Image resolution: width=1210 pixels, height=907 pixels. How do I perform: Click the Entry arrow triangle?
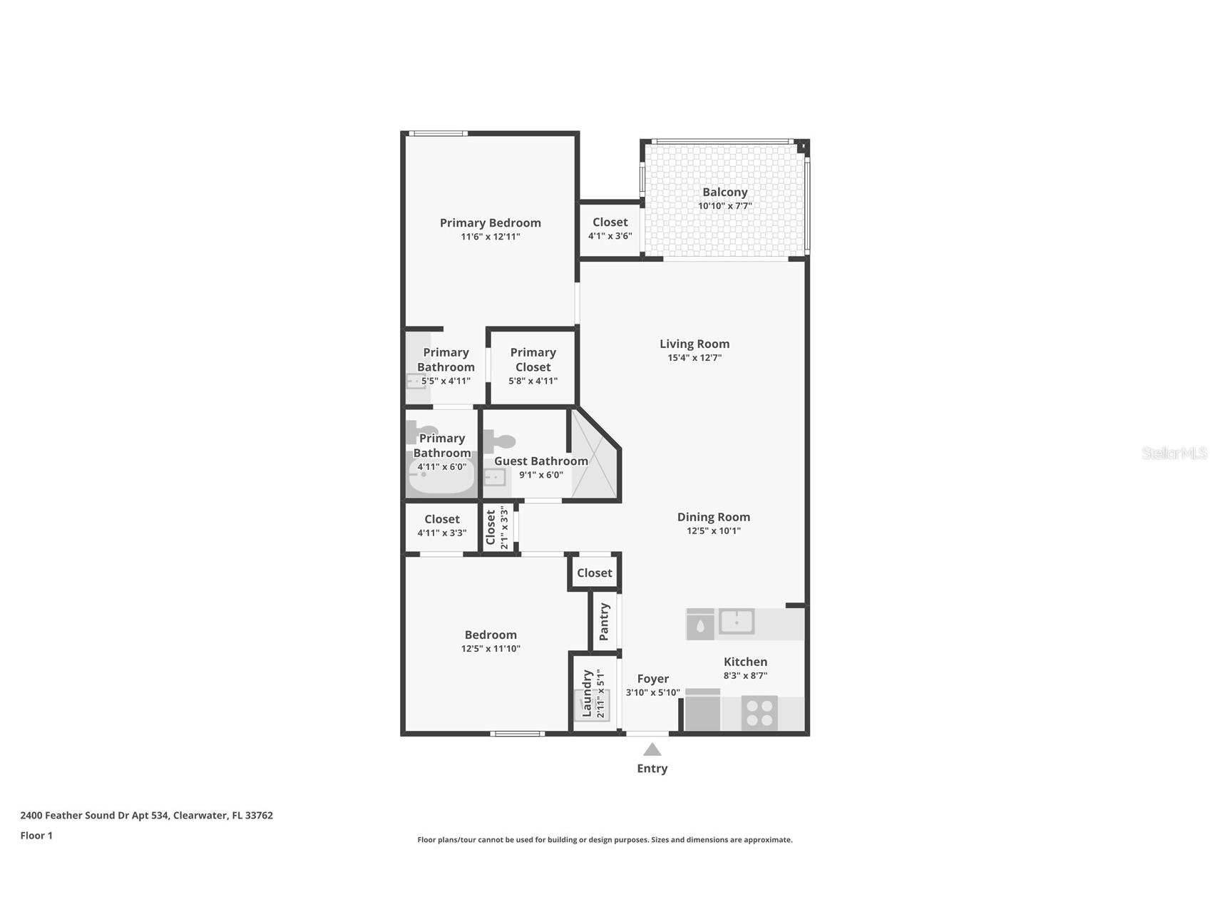click(x=652, y=749)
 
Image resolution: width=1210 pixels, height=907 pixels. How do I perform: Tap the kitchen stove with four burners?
click(x=759, y=713)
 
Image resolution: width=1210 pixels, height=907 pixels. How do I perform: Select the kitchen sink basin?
click(x=737, y=621)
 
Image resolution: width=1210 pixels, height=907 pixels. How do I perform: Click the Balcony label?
click(x=724, y=192)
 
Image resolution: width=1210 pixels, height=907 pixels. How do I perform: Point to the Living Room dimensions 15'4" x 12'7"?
click(x=694, y=358)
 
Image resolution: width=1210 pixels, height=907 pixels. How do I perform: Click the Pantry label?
click(x=605, y=621)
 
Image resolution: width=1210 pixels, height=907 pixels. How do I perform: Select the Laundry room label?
click(x=587, y=693)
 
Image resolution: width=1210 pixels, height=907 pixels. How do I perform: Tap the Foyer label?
click(x=652, y=679)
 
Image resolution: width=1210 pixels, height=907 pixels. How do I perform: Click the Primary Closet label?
click(x=533, y=359)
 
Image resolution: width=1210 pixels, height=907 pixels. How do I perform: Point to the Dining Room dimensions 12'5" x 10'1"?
click(x=713, y=531)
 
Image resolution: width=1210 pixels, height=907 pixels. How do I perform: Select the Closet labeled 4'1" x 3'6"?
click(x=610, y=228)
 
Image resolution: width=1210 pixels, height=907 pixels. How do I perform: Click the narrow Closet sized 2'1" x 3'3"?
click(x=496, y=527)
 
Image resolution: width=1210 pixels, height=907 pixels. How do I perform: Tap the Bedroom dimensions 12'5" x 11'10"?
click(x=491, y=649)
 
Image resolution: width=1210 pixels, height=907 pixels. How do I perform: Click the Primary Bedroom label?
click(x=490, y=222)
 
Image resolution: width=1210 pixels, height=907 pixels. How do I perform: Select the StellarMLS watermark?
click(x=1174, y=453)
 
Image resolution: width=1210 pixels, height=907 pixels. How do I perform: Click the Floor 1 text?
click(x=36, y=836)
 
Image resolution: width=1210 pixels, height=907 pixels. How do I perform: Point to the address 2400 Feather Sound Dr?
click(x=146, y=816)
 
